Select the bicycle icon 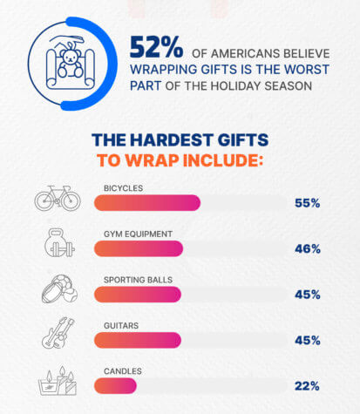[x=58, y=198]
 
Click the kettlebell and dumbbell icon [x=58, y=245]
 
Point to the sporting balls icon [x=58, y=291]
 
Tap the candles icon [x=57, y=382]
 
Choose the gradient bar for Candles [x=115, y=384]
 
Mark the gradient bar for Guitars [x=137, y=339]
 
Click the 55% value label [x=307, y=203]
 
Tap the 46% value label [x=307, y=248]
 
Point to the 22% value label [x=307, y=385]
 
